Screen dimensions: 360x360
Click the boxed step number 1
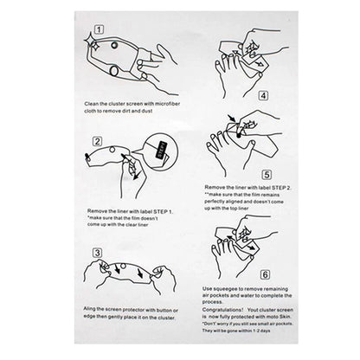[99, 29]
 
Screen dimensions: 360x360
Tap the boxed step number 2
[97, 141]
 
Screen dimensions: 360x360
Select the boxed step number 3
[97, 253]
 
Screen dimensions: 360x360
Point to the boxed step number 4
[263, 95]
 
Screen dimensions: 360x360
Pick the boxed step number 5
[267, 175]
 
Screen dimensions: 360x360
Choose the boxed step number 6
[265, 274]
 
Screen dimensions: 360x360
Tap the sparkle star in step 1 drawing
[92, 42]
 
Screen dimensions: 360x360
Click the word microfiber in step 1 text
[167, 104]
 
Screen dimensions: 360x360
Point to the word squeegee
[228, 289]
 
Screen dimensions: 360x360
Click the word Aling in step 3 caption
[89, 309]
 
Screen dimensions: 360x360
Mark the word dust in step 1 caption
[147, 111]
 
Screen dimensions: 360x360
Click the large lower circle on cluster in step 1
[114, 71]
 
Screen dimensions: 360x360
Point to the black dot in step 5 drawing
[239, 135]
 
